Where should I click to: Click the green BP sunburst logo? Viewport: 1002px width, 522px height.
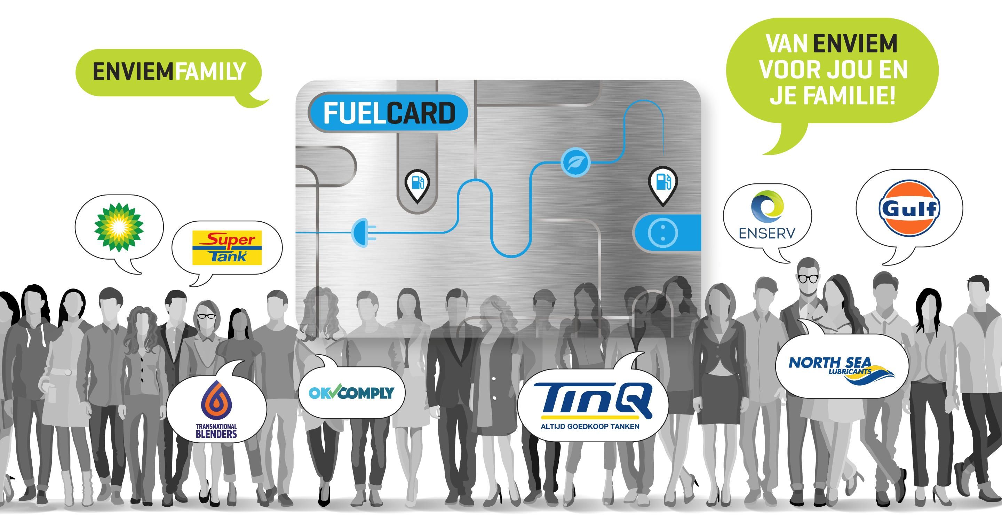click(x=119, y=227)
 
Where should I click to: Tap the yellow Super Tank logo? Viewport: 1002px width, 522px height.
click(x=227, y=248)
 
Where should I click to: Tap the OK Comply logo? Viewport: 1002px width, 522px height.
click(x=351, y=392)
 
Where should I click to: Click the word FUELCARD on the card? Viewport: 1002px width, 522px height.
click(x=389, y=113)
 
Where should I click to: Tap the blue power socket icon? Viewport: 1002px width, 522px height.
click(x=663, y=232)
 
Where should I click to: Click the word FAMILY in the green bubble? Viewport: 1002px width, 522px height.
click(x=210, y=72)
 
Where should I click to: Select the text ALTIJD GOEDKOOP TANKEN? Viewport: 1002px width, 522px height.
click(x=590, y=426)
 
